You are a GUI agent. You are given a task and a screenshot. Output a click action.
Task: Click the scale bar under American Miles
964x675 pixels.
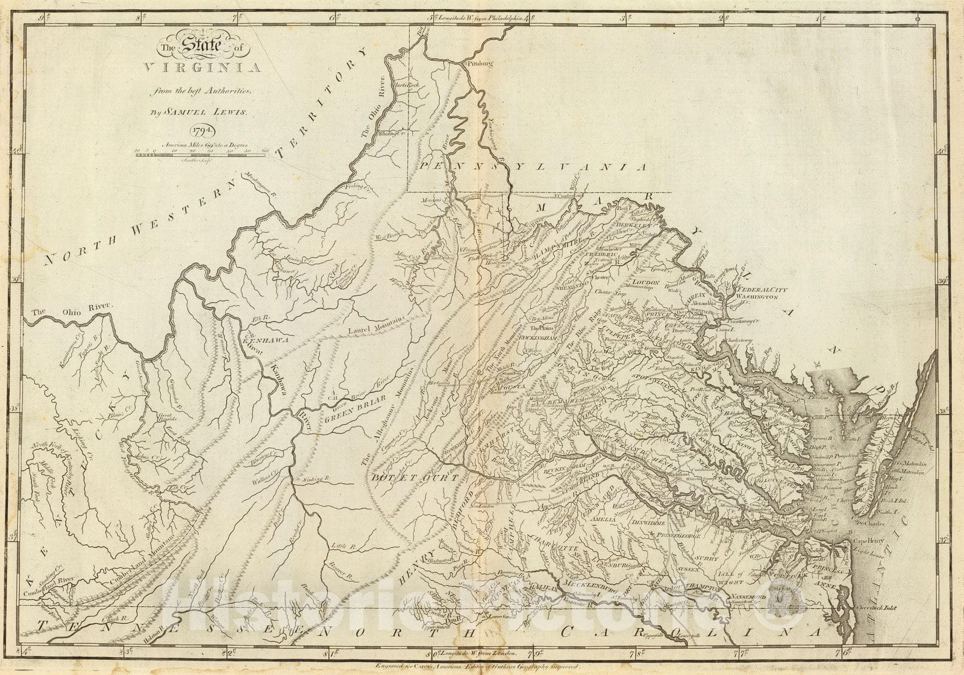(199, 155)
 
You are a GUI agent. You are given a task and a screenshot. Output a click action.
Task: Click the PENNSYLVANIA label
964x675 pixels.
(533, 167)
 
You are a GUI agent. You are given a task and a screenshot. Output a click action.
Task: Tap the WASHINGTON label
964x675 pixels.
(761, 297)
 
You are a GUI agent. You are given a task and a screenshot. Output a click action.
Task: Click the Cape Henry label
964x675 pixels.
(865, 541)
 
